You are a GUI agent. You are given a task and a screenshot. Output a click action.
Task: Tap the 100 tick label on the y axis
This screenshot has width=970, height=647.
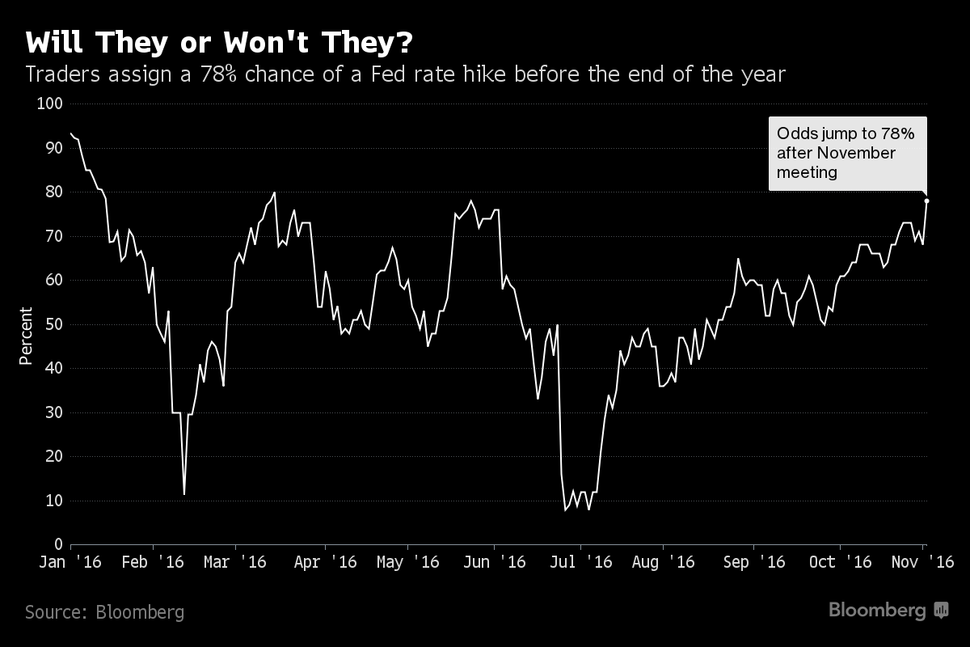50,104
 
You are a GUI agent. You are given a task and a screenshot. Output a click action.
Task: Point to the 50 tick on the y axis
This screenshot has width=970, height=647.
54,324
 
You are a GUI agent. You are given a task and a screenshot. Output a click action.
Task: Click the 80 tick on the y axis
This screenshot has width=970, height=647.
54,192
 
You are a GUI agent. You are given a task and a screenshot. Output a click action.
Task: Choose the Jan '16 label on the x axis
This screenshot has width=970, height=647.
70,562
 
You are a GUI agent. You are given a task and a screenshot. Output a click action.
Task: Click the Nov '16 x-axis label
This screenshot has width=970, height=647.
921,562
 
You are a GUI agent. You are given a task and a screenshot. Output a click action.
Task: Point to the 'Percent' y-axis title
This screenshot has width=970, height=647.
25,336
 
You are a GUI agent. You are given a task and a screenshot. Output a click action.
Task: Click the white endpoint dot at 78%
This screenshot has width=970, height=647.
926,201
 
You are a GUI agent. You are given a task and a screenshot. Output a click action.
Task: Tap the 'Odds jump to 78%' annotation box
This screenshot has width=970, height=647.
847,153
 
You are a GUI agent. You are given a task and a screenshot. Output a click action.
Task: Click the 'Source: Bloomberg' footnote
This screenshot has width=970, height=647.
104,612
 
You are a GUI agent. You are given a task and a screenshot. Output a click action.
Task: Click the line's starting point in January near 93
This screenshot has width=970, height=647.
71,133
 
